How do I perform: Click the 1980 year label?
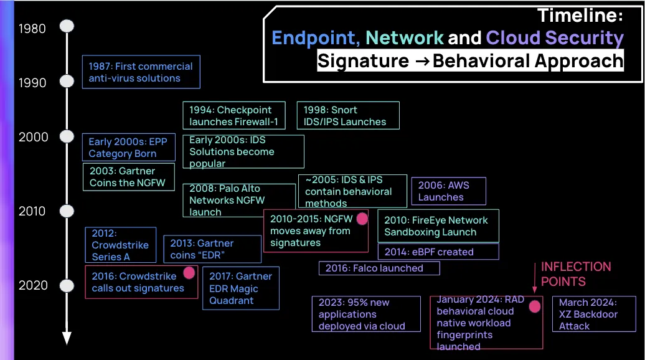(32, 29)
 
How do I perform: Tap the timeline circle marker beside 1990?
(67, 82)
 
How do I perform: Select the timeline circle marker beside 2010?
(67, 211)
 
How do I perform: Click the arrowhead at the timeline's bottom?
(67, 338)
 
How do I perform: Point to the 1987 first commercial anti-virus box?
(141, 72)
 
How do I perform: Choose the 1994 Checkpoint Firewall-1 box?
(234, 116)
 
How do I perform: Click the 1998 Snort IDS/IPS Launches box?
(347, 116)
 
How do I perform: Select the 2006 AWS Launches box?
(448, 191)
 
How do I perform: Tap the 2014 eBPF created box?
(438, 252)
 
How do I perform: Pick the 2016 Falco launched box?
(379, 268)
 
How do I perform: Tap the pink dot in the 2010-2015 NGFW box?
(362, 219)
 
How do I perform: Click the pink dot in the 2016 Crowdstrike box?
(189, 273)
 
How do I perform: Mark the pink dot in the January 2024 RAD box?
(534, 306)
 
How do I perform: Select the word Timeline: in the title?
(580, 15)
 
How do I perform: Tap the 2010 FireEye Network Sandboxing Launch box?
(438, 226)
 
